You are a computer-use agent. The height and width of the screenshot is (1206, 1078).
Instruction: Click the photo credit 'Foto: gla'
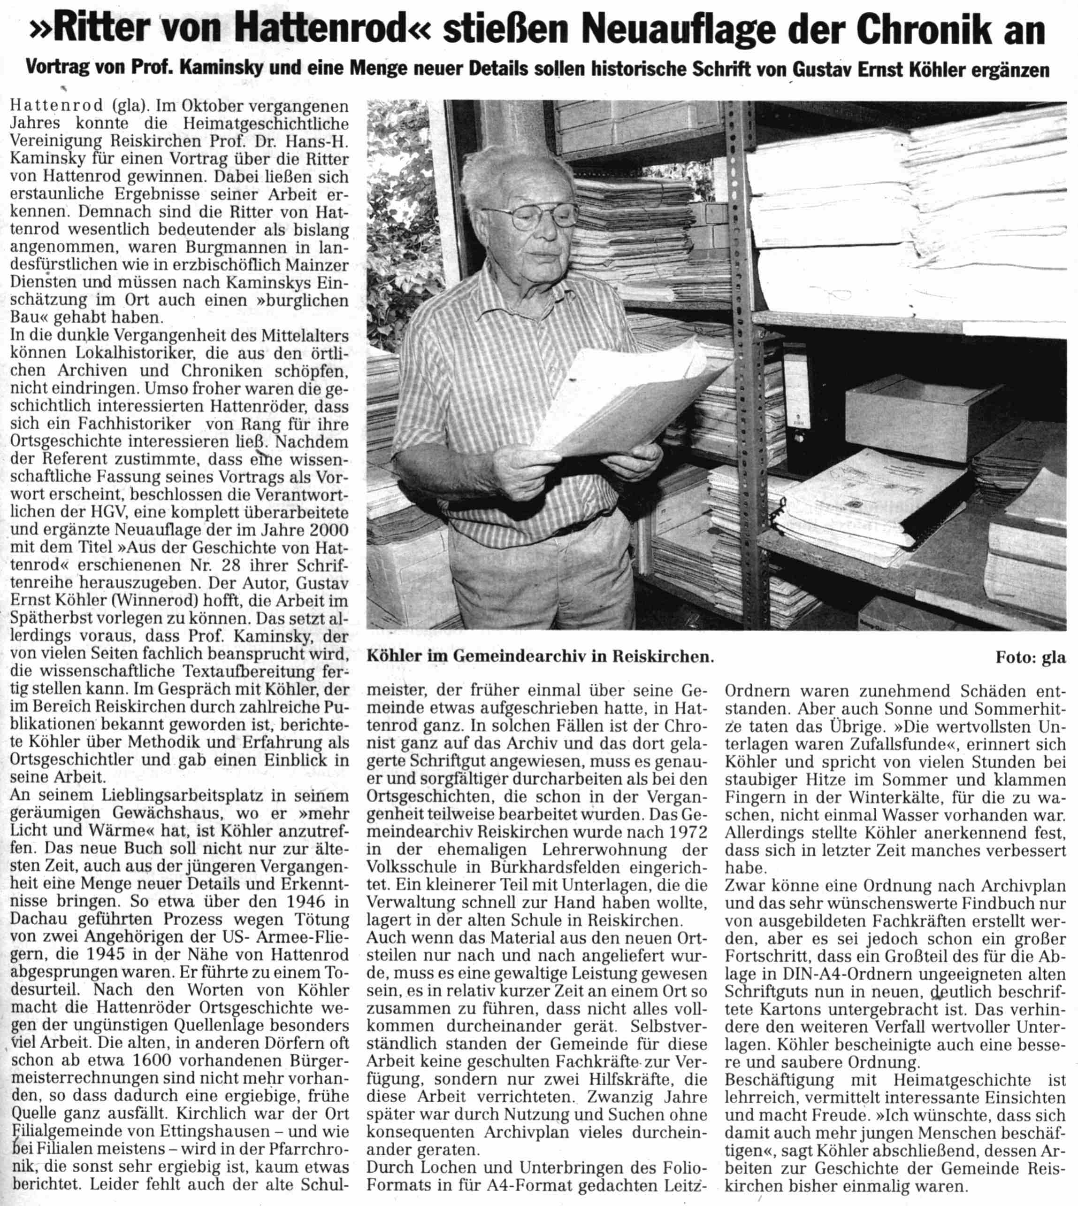pos(1030,657)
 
